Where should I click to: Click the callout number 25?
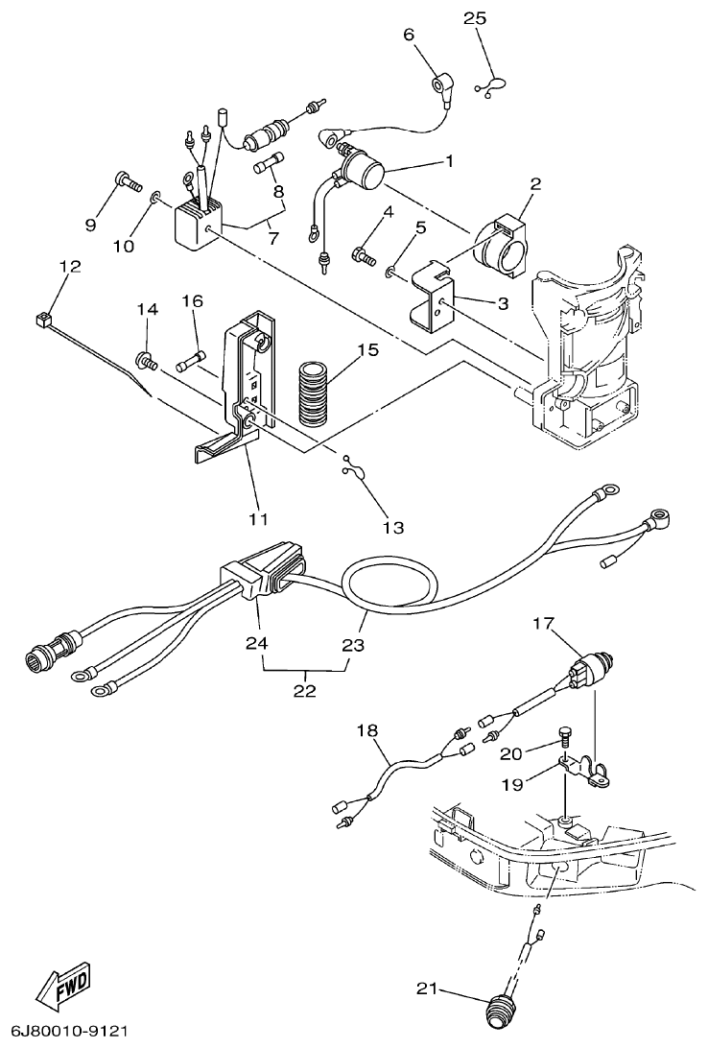pyautogui.click(x=475, y=18)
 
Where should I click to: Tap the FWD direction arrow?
pyautogui.click(x=64, y=986)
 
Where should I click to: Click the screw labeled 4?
pyautogui.click(x=363, y=254)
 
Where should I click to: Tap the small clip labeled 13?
pyautogui.click(x=351, y=469)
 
